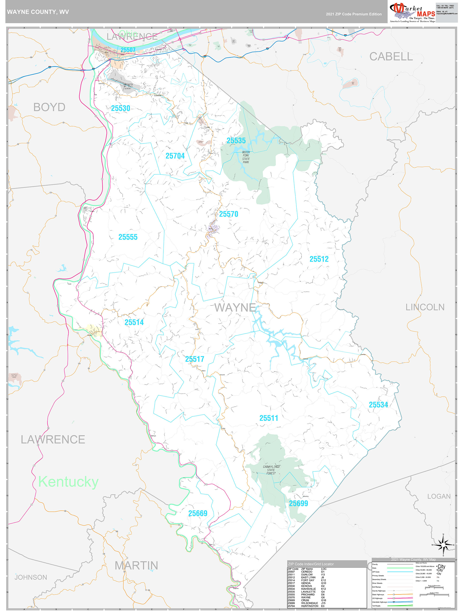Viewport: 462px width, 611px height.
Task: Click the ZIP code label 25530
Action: click(x=120, y=108)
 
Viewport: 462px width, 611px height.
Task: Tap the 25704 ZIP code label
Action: click(x=175, y=156)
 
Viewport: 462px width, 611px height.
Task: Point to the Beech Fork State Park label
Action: click(x=246, y=157)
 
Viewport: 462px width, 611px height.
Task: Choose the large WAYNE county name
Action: click(x=235, y=307)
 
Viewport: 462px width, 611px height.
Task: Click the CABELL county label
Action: click(x=391, y=57)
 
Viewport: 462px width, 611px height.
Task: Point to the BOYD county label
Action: click(x=49, y=107)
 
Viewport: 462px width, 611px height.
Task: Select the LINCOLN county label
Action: click(x=425, y=307)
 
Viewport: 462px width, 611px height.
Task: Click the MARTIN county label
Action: click(x=136, y=566)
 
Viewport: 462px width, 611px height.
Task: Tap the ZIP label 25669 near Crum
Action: click(x=198, y=513)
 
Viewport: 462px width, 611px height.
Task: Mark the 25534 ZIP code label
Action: click(x=378, y=405)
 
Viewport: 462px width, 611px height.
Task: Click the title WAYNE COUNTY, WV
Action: click(x=38, y=12)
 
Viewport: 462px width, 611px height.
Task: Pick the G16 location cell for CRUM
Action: click(x=323, y=600)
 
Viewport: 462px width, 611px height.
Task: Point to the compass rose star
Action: click(x=443, y=545)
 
